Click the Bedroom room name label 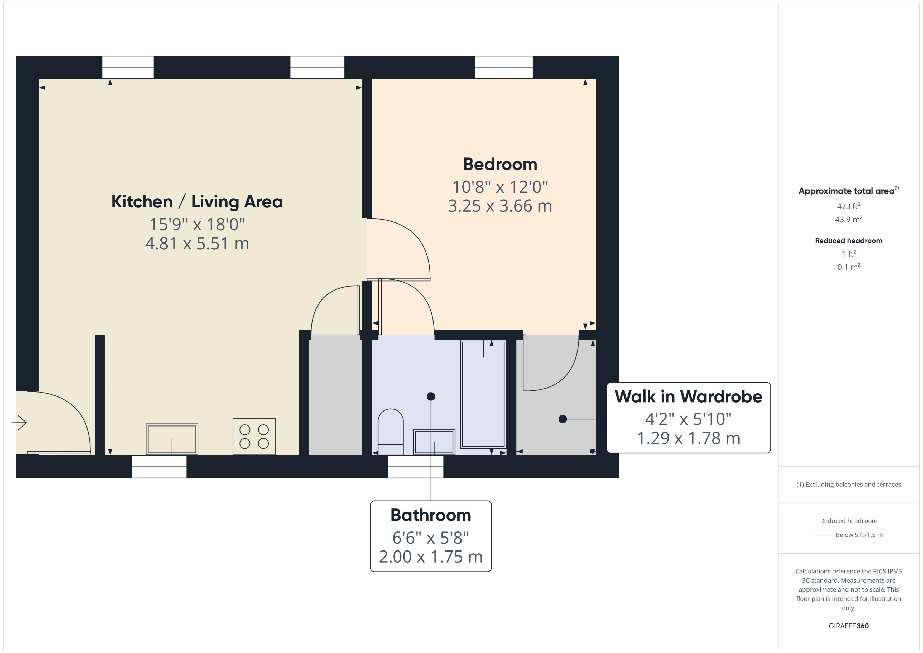(500, 164)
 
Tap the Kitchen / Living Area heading (197, 201)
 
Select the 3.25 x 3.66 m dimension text (500, 206)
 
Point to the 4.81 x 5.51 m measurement (197, 243)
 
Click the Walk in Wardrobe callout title (688, 396)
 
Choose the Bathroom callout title (431, 515)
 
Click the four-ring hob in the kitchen (254, 436)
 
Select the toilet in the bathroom (391, 432)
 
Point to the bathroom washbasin (434, 442)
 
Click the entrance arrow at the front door (19, 423)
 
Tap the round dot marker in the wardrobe (563, 419)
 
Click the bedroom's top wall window (503, 67)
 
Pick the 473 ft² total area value (849, 206)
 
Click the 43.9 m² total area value (849, 219)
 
